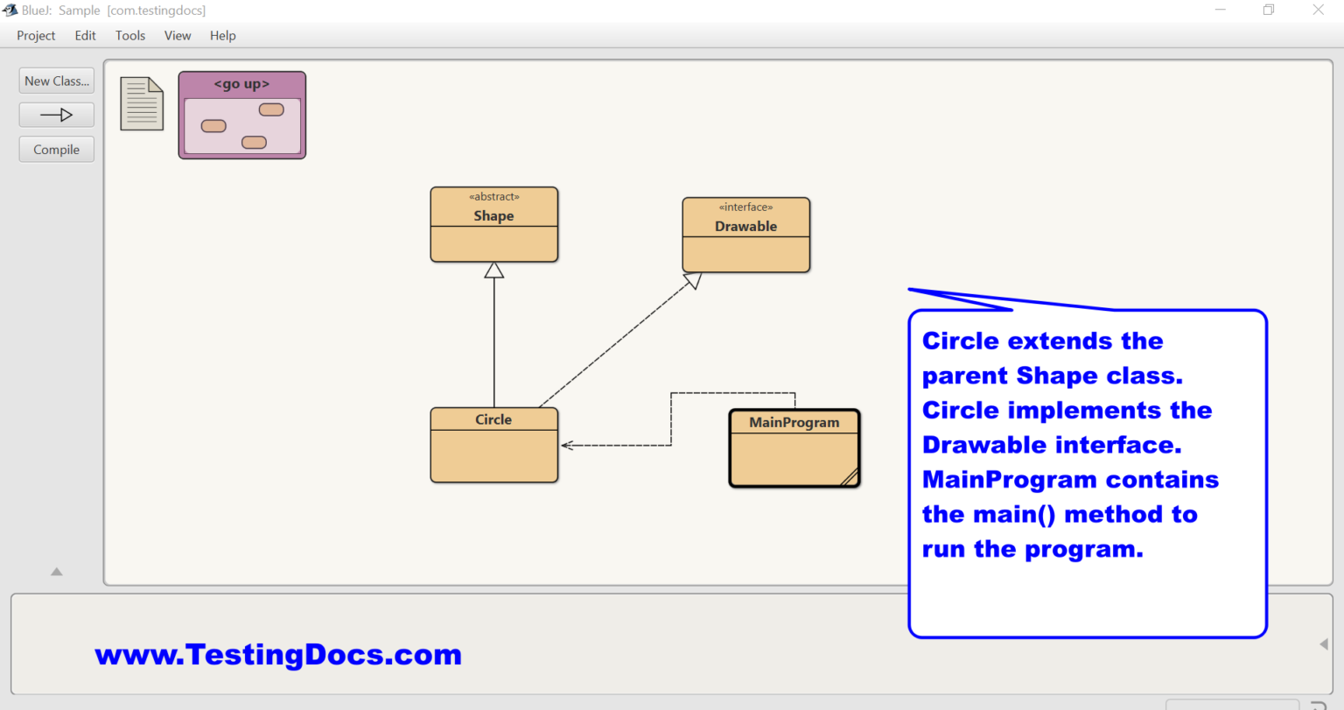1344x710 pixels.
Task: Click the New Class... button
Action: click(56, 81)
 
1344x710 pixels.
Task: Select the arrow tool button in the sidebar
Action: click(56, 115)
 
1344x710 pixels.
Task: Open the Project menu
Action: click(36, 36)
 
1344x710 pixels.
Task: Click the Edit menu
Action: click(85, 36)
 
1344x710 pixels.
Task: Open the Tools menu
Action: click(130, 36)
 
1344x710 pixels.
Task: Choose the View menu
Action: click(178, 36)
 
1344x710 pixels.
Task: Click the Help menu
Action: click(222, 36)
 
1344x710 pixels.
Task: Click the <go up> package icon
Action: click(242, 116)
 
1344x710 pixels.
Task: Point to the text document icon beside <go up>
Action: click(142, 103)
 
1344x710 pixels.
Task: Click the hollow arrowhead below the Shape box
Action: click(494, 271)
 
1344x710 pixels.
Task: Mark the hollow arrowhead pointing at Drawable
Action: click(693, 280)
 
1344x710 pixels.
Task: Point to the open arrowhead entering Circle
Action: click(566, 445)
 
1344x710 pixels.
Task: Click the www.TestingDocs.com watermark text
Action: click(278, 655)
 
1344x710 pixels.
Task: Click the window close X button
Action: click(1318, 10)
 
